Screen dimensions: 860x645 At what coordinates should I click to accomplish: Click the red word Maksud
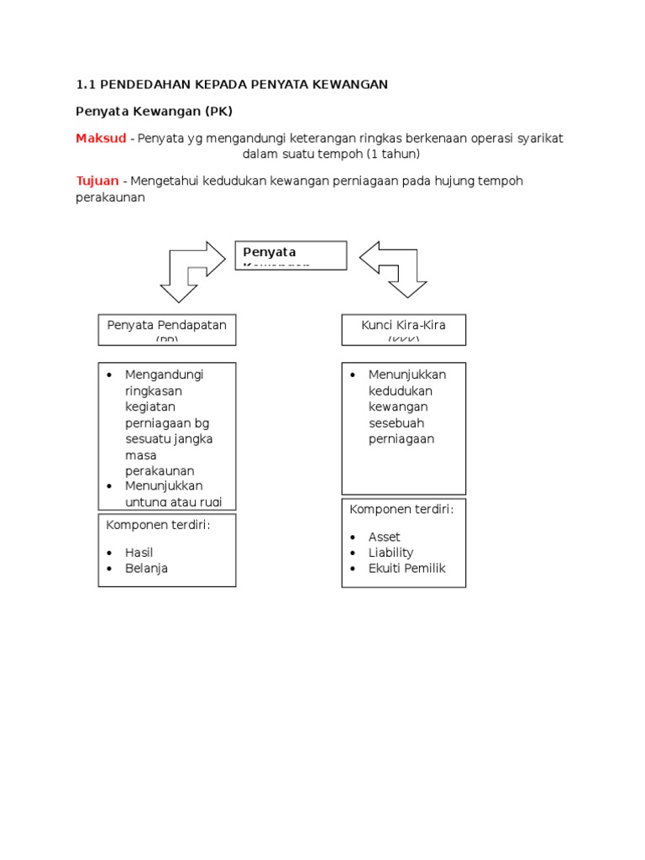[x=101, y=138]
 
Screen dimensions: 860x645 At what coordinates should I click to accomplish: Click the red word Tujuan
[x=97, y=181]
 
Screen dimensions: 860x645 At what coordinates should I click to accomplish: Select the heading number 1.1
[x=87, y=84]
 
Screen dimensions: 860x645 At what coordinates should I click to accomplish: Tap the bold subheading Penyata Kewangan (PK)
[x=154, y=111]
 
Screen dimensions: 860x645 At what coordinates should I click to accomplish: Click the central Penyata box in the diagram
[x=291, y=255]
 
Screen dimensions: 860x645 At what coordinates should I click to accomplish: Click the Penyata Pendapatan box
[x=167, y=329]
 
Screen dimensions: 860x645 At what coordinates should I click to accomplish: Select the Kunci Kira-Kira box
[x=403, y=329]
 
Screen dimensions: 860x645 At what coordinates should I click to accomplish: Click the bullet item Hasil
[x=139, y=553]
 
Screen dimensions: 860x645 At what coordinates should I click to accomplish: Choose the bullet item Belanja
[x=146, y=569]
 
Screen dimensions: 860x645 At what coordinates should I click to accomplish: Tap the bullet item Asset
[x=384, y=537]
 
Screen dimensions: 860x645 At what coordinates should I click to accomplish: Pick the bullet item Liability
[x=391, y=553]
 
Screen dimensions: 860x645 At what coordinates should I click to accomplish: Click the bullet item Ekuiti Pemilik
[x=406, y=569]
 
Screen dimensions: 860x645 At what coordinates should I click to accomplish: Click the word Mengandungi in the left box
[x=165, y=375]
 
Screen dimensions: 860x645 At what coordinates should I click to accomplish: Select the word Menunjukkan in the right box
[x=407, y=375]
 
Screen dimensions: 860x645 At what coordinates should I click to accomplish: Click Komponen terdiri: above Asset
[x=401, y=509]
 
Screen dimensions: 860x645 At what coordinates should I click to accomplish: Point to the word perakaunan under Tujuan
[x=110, y=198]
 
